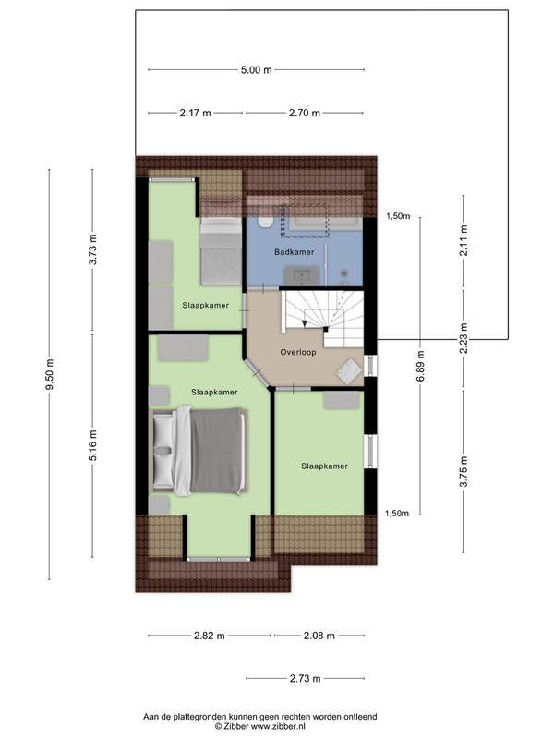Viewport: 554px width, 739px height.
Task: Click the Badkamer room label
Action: point(294,252)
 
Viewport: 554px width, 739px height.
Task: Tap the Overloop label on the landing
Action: point(297,352)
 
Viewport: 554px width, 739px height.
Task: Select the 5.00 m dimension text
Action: point(257,70)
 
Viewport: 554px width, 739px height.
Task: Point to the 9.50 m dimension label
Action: point(50,374)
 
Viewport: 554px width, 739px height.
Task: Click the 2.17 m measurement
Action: point(195,113)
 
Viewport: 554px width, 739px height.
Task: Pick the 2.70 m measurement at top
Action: point(305,113)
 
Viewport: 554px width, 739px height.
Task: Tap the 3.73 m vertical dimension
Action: point(93,249)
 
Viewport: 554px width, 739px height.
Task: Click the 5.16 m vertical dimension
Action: point(93,445)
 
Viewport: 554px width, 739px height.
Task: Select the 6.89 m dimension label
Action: point(421,366)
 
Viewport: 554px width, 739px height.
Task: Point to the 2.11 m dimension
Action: point(464,240)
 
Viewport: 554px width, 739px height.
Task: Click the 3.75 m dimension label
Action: point(464,471)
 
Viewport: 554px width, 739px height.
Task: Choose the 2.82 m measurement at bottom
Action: point(210,636)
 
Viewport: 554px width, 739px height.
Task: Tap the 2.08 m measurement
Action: point(319,636)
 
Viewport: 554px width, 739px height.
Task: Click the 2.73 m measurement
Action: point(305,679)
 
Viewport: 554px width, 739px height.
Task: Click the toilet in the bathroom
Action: point(265,222)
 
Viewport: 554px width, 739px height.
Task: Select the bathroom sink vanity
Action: point(301,274)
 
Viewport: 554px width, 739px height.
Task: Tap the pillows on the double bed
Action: point(164,451)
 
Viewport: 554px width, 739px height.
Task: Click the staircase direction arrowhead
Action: point(305,323)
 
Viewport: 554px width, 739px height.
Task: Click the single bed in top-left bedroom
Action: point(221,250)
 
